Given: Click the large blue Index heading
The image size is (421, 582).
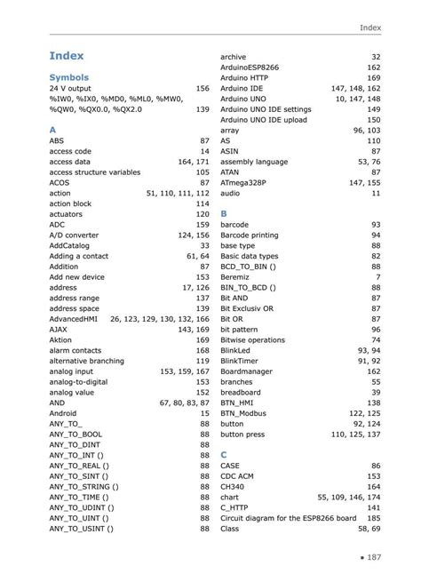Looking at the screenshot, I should [x=67, y=56].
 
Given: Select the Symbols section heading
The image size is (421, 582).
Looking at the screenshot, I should [x=69, y=77].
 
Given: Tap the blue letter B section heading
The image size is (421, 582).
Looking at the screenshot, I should [x=224, y=214].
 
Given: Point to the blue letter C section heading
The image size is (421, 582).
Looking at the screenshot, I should [x=224, y=453].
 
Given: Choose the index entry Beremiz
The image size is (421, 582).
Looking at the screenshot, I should [x=236, y=277].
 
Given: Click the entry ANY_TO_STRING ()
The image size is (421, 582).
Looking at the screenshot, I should [x=84, y=487].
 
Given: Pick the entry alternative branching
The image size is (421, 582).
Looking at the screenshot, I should [x=87, y=361].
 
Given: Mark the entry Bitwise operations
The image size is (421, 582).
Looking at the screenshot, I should [x=252, y=339].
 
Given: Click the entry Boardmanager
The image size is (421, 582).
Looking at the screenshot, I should [x=248, y=371].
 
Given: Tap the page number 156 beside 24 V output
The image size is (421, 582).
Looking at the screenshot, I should [x=203, y=89].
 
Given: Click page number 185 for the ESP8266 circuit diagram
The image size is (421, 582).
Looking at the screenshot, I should [x=372, y=518].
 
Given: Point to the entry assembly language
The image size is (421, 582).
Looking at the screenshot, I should [x=254, y=162].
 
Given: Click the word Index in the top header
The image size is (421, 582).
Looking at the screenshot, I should [x=369, y=28].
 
